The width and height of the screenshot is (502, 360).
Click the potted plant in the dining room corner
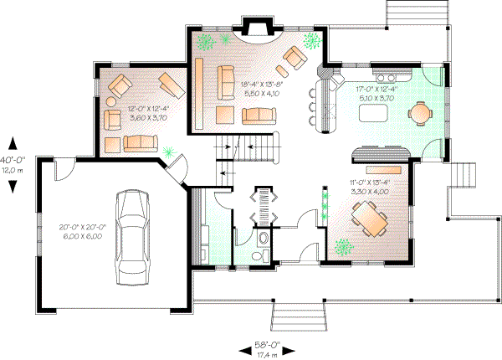(341, 247)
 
